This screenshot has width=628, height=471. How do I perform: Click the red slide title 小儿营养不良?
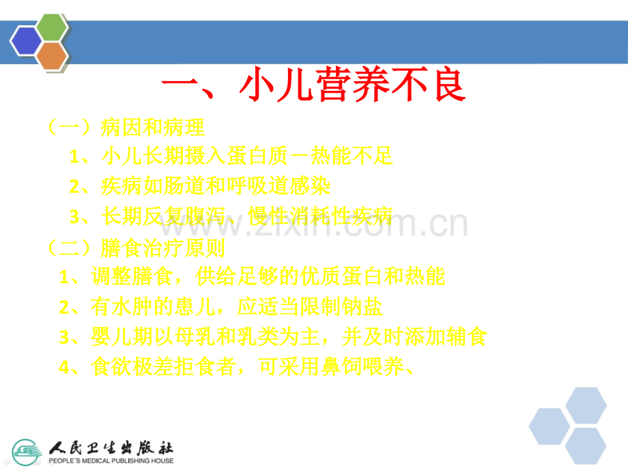click(x=313, y=87)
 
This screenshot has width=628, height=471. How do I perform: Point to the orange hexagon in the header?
click(x=52, y=55)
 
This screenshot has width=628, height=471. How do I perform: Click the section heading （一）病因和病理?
click(x=126, y=127)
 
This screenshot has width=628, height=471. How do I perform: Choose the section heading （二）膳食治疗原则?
click(x=137, y=247)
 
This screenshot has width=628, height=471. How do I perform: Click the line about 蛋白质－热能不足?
click(x=232, y=156)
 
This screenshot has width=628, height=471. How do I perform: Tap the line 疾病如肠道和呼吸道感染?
click(x=201, y=186)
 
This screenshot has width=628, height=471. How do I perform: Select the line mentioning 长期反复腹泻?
click(x=232, y=217)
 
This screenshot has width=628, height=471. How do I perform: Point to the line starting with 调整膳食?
click(x=252, y=276)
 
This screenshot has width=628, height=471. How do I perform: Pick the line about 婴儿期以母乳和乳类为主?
click(x=272, y=337)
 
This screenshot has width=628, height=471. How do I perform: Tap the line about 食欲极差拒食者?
click(x=236, y=367)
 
